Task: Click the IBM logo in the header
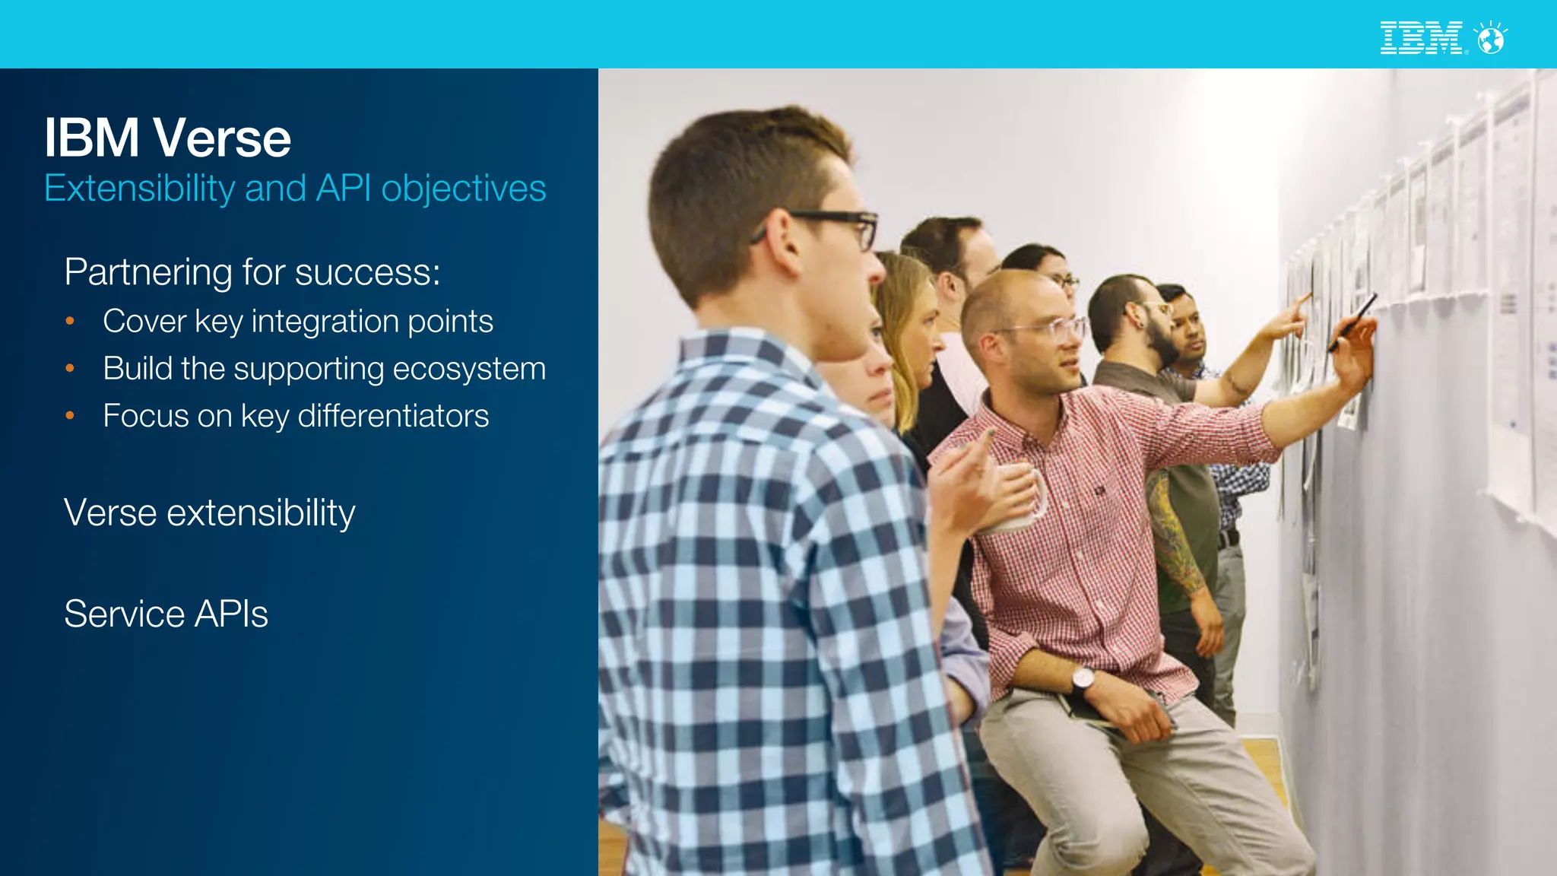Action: [1420, 38]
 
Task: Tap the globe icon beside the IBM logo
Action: [1491, 39]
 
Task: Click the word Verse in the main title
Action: [222, 138]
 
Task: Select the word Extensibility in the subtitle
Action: [139, 188]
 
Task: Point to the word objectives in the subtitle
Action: [463, 188]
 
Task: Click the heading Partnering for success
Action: [252, 272]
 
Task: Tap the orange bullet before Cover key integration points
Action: [70, 322]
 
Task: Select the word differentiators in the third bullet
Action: [393, 416]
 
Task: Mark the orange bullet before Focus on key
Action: [70, 416]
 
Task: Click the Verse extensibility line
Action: [209, 513]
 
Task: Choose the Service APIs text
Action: [166, 614]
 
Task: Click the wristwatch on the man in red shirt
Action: [1083, 678]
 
